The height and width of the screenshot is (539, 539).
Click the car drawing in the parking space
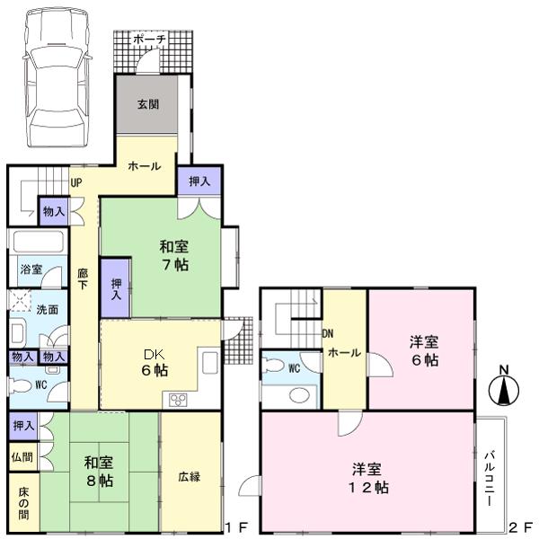pyautogui.click(x=58, y=79)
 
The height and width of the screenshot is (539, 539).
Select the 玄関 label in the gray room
pyautogui.click(x=148, y=104)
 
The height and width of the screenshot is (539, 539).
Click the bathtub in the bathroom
pyautogui.click(x=36, y=243)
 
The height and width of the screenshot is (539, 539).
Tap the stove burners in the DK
pyautogui.click(x=173, y=399)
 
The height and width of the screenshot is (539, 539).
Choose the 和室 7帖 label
pyautogui.click(x=174, y=255)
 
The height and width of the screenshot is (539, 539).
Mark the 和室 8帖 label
pyautogui.click(x=99, y=472)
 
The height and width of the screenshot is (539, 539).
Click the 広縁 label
pyautogui.click(x=189, y=476)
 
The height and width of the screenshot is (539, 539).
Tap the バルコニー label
pyautogui.click(x=490, y=476)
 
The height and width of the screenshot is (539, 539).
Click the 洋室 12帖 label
pyautogui.click(x=369, y=478)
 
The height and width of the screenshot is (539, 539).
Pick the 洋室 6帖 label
pyautogui.click(x=425, y=350)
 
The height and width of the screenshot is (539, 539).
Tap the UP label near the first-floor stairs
pyautogui.click(x=76, y=181)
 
